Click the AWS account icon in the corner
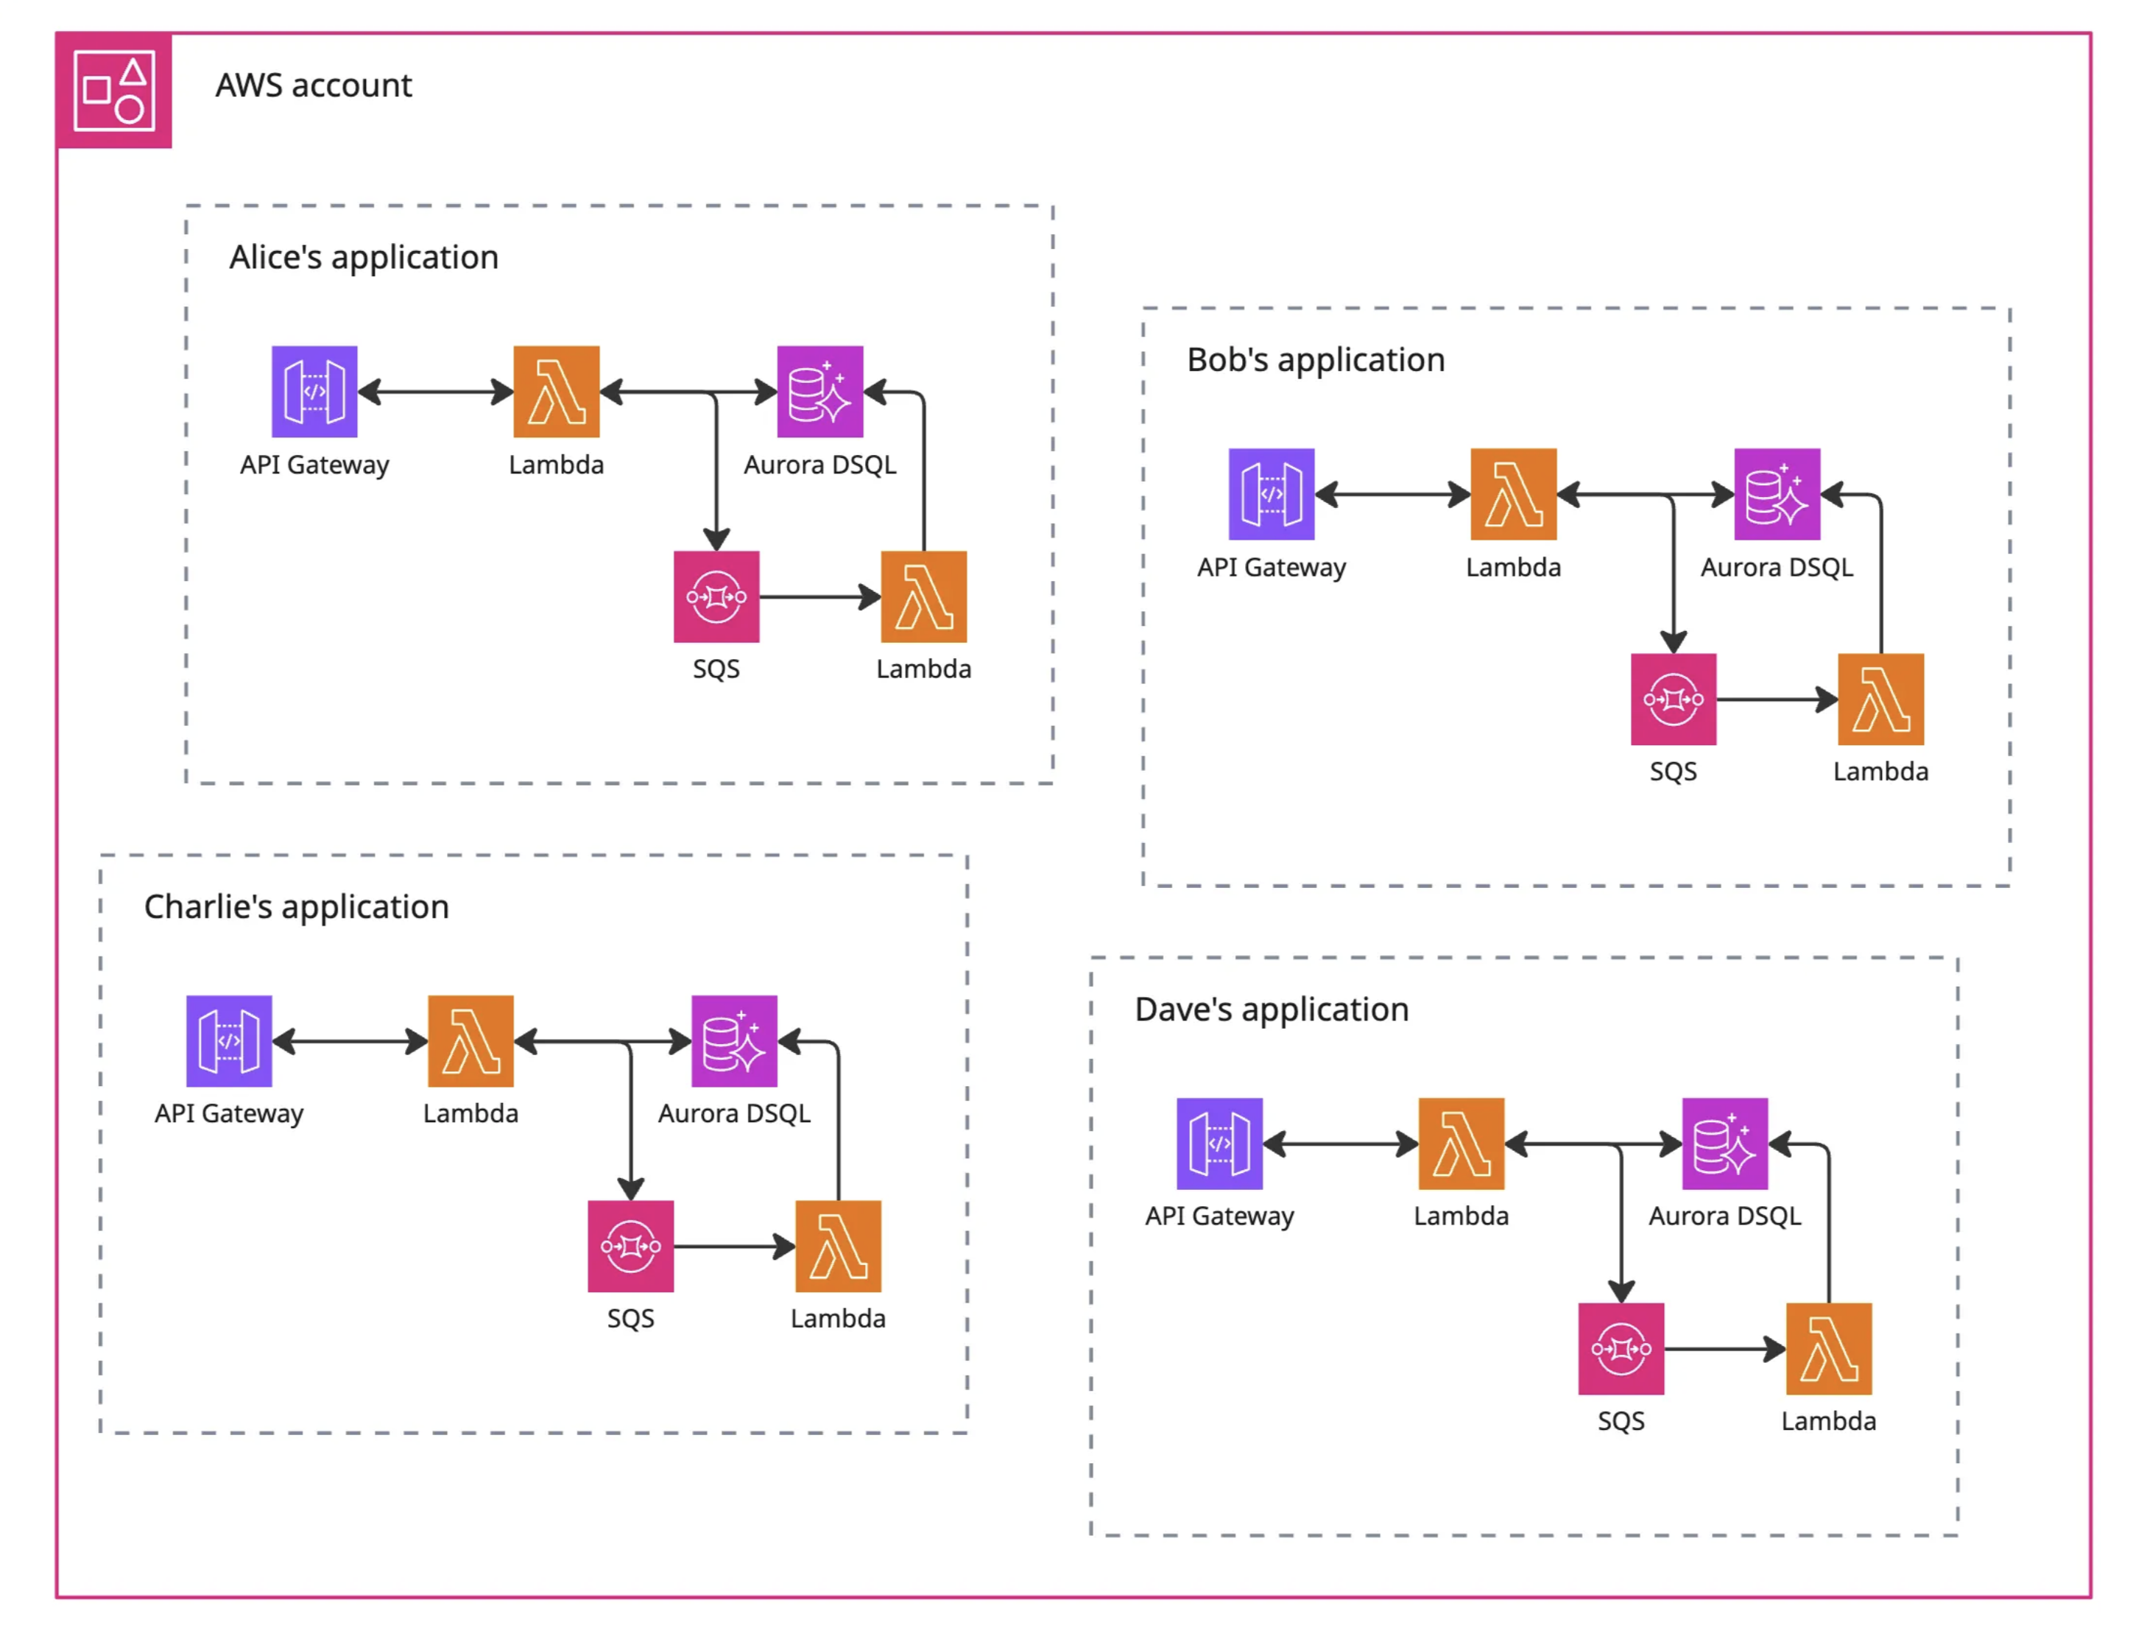pos(114,91)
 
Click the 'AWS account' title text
pos(314,86)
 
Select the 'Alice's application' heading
pos(364,257)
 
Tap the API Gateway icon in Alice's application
pos(314,391)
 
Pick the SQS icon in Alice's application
pos(716,596)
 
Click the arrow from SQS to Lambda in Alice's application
pos(819,596)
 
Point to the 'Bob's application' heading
pos(1314,359)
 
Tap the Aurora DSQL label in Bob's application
pos(1776,568)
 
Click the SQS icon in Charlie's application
pos(630,1245)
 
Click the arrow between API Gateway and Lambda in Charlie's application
pos(350,1041)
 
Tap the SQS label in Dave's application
pos(1621,1420)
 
